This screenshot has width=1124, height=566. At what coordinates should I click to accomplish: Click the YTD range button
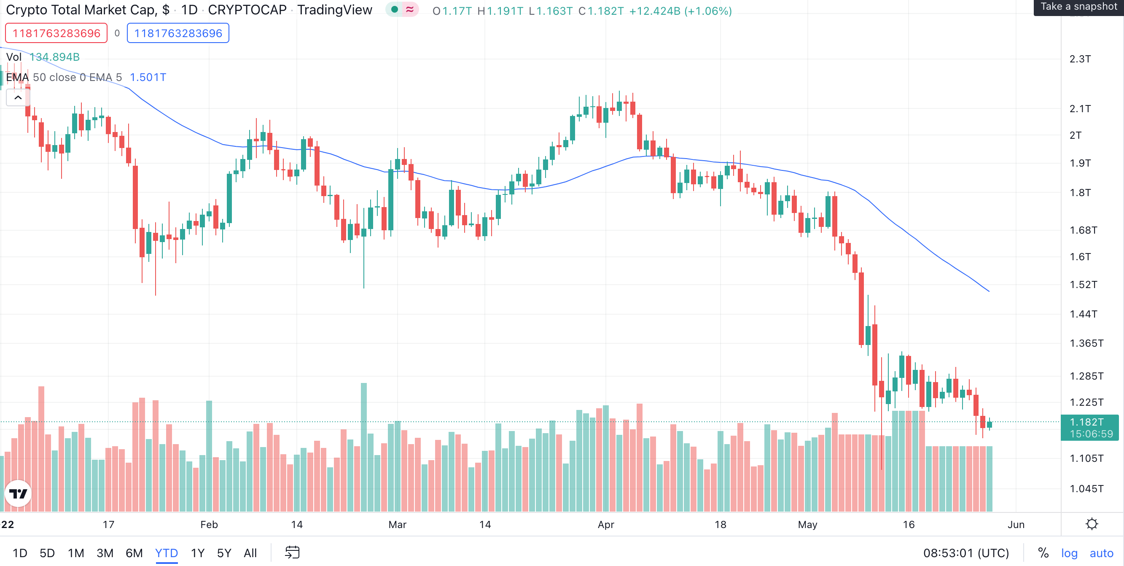tap(166, 553)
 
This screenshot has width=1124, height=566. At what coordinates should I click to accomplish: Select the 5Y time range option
tap(224, 553)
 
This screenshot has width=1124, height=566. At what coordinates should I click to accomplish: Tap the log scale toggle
tap(1069, 553)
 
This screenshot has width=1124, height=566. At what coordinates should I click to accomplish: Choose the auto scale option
tap(1101, 553)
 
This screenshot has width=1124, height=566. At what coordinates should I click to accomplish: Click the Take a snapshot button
tap(1078, 7)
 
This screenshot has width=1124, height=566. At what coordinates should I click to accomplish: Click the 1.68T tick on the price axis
tap(1083, 230)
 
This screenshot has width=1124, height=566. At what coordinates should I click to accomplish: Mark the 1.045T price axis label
tap(1086, 488)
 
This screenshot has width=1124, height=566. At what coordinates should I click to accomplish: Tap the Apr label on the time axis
tap(605, 524)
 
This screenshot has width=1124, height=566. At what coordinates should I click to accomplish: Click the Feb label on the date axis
tap(209, 524)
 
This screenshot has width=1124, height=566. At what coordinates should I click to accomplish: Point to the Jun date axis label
tap(1016, 524)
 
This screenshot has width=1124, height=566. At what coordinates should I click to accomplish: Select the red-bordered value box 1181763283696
tap(56, 33)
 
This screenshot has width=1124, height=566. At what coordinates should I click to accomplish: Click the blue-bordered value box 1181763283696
tap(178, 33)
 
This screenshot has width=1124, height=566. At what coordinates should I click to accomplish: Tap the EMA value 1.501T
tap(148, 77)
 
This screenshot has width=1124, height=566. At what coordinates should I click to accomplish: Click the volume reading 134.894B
tap(54, 57)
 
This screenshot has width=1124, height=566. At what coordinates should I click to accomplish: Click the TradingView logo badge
tap(18, 493)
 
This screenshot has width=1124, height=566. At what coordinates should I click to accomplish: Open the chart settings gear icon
tap(1092, 524)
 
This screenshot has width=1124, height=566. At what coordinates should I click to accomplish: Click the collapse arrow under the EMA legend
tap(18, 97)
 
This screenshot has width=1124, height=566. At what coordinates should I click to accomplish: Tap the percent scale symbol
tap(1043, 553)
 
